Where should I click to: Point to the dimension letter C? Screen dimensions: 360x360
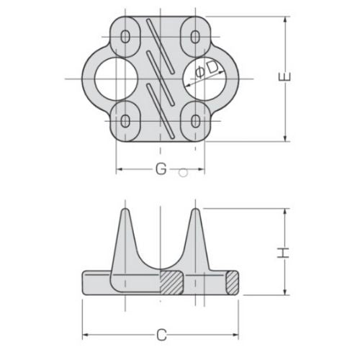point(162,336)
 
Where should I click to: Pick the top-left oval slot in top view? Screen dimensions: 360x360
point(127,36)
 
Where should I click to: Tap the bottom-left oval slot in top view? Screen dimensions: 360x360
point(127,120)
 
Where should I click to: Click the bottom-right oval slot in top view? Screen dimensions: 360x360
point(195,120)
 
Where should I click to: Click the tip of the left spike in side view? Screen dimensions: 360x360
point(125,211)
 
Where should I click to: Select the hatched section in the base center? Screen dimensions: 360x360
point(171,282)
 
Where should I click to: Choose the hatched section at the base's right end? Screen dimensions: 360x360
point(232,282)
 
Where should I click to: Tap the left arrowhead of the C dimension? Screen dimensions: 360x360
point(86,336)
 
